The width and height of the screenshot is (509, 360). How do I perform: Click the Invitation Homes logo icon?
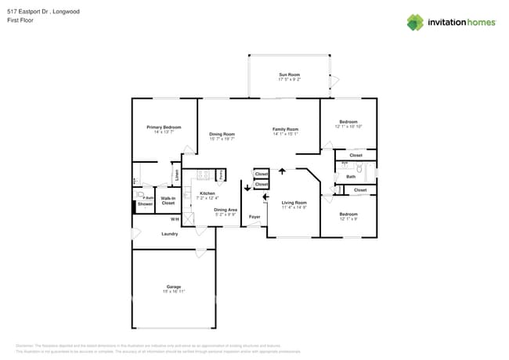tap(414, 22)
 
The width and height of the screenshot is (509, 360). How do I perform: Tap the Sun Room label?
tap(289, 74)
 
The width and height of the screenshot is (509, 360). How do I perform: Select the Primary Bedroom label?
tap(164, 127)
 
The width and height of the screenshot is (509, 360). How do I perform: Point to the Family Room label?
tap(285, 129)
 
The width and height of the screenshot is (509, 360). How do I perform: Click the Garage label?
tap(173, 286)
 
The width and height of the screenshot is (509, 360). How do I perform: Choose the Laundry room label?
tap(169, 233)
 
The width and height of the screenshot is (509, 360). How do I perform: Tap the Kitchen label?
tap(207, 193)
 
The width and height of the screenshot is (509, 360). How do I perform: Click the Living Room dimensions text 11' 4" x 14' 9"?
tap(293, 207)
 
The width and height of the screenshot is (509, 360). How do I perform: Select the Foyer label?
tap(254, 216)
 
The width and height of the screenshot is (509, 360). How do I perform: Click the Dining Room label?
tap(222, 134)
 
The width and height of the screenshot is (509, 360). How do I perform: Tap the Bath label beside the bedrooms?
tap(350, 176)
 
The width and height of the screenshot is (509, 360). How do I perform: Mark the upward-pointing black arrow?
tap(282, 171)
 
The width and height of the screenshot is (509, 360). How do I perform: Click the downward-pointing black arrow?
tap(247, 188)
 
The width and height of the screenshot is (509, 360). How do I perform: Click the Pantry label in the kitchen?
tap(222, 174)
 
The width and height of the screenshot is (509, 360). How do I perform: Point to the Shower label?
tap(145, 203)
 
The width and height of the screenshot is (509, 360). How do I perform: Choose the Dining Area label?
tap(226, 210)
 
